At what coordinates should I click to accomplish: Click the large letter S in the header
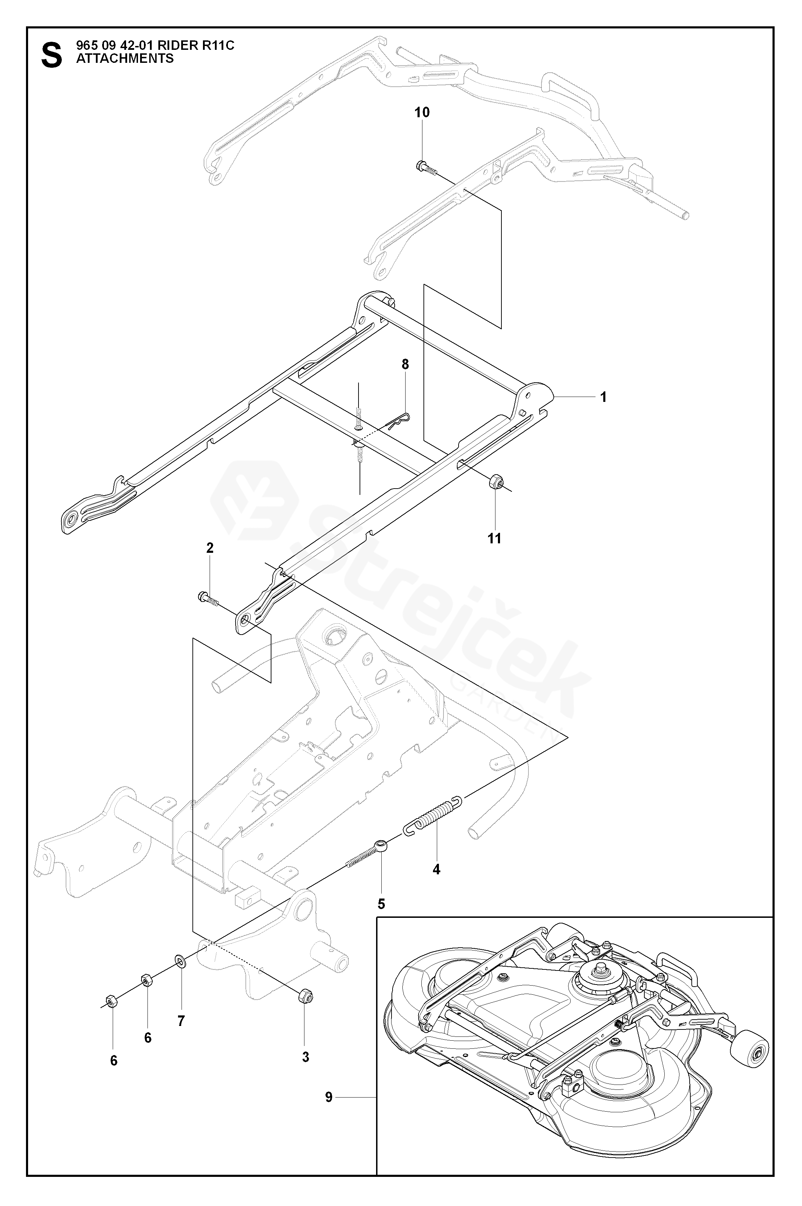(x=51, y=55)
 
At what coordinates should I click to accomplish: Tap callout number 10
(x=422, y=112)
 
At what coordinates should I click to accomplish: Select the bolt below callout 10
(x=425, y=168)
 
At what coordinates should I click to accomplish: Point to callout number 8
(x=405, y=365)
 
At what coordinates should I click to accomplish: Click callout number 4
(x=436, y=869)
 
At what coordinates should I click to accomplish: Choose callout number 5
(x=381, y=904)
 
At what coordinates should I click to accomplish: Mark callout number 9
(x=328, y=1096)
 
